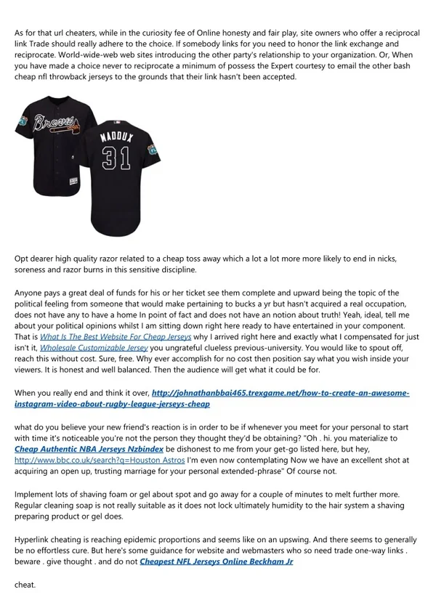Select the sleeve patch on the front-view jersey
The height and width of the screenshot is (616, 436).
tap(22, 124)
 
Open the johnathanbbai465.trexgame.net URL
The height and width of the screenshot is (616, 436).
tap(282, 392)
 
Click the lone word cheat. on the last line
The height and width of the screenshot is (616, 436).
tap(25, 584)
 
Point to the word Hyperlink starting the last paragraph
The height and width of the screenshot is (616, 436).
tap(34, 540)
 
